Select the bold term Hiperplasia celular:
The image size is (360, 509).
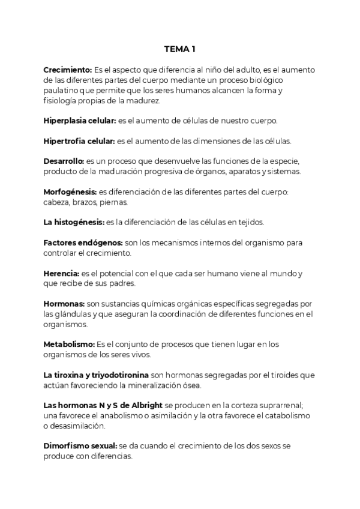point(80,120)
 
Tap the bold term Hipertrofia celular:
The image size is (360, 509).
point(79,141)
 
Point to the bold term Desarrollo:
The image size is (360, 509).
point(64,161)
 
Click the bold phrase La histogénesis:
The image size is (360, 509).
point(74,222)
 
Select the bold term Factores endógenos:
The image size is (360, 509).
point(83,242)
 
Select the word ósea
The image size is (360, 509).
point(191,385)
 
